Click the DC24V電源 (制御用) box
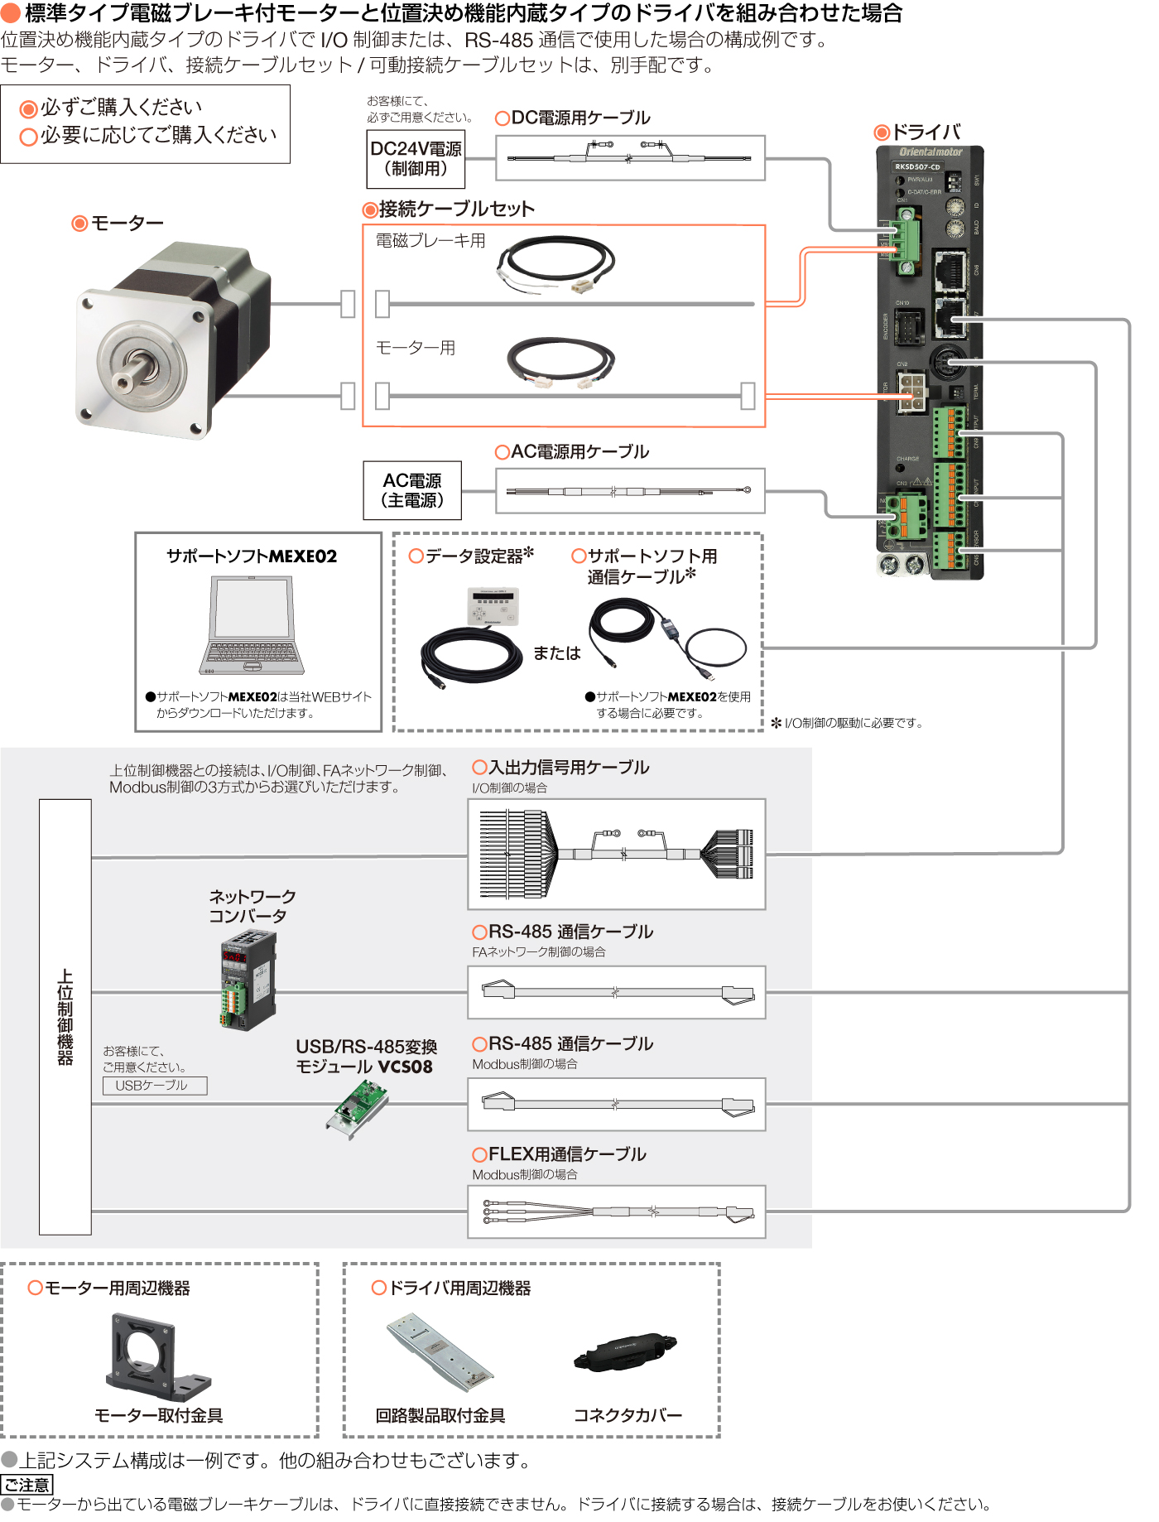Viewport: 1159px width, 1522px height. point(416,158)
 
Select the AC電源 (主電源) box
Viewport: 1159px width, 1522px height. point(412,490)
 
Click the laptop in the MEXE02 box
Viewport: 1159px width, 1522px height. point(252,625)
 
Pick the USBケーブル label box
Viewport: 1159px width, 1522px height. point(154,1086)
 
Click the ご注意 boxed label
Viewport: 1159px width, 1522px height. point(26,1485)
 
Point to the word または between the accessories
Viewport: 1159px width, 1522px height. point(556,653)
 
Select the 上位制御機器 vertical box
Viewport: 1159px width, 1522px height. point(65,1017)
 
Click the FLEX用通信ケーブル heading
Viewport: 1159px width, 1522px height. point(566,1154)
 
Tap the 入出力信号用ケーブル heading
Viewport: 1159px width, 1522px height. point(569,768)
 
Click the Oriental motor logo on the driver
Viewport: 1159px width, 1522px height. point(931,152)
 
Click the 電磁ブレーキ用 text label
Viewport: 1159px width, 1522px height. point(430,241)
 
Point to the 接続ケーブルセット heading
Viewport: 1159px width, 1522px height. point(456,210)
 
